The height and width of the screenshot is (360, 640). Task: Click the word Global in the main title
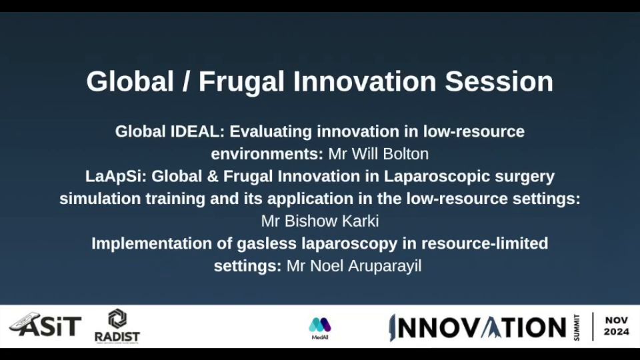(x=130, y=81)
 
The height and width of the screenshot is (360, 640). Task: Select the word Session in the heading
(x=499, y=81)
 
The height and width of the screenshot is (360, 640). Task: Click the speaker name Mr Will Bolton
(x=379, y=154)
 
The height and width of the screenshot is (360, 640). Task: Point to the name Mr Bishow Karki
(x=320, y=221)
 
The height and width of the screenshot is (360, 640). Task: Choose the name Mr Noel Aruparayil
(x=354, y=266)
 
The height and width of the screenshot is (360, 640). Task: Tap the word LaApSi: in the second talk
(x=115, y=177)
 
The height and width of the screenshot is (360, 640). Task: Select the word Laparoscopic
(x=437, y=177)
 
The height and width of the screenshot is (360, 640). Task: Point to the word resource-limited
(x=485, y=244)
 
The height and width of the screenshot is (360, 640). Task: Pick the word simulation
(x=101, y=199)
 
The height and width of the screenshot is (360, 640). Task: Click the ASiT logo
(x=45, y=325)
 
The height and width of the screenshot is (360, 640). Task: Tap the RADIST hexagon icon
(x=117, y=319)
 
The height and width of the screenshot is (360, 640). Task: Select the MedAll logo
(x=320, y=329)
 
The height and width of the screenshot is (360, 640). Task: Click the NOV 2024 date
(x=616, y=326)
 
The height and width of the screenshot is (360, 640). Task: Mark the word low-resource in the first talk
(x=473, y=132)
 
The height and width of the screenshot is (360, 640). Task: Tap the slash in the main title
(x=186, y=81)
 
